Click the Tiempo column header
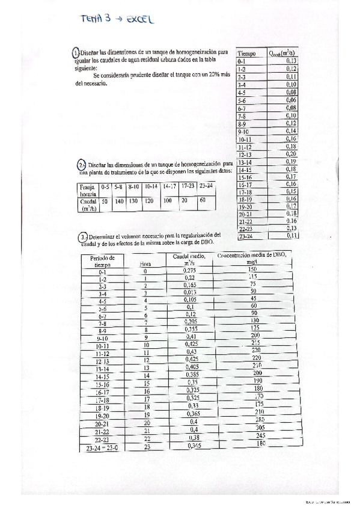247,54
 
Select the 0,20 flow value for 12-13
291,154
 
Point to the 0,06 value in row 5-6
291,100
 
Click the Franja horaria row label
88,191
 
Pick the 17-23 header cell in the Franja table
188,187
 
